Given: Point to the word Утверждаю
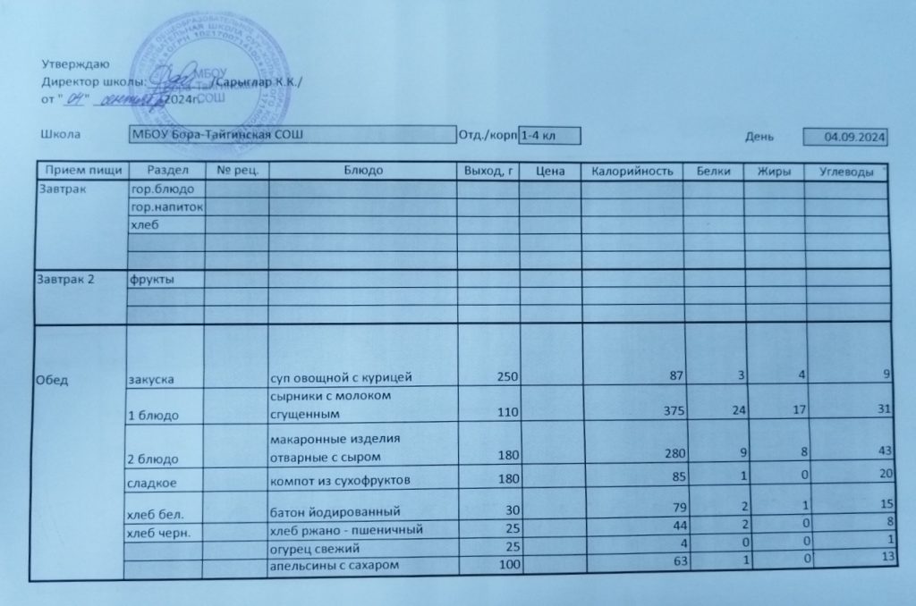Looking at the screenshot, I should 76,63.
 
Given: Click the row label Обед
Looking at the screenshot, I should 51,379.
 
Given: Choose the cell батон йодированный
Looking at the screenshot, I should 334,512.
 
